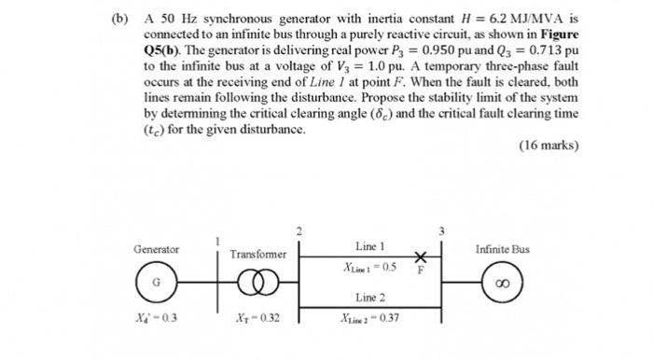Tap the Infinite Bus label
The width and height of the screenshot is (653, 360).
pos(502,250)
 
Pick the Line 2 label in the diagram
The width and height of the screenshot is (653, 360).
pos(370,298)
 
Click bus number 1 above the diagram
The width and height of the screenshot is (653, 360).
pos(216,240)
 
